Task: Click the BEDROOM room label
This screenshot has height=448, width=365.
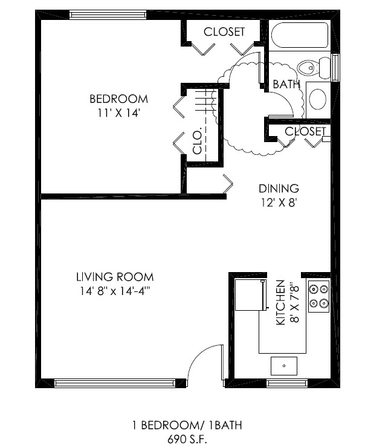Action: point(118,99)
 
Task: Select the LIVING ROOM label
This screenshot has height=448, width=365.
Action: point(115,278)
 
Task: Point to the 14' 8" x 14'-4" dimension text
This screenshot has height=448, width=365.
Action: point(115,291)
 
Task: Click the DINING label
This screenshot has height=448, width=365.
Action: point(279,189)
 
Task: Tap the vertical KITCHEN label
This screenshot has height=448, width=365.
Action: point(280,302)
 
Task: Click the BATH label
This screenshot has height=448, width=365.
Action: point(286,85)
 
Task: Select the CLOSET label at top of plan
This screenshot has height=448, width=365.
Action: point(224,31)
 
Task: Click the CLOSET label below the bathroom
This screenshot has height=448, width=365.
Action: point(305,131)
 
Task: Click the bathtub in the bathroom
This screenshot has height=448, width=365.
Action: point(299,36)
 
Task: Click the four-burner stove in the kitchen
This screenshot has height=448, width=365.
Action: point(318,296)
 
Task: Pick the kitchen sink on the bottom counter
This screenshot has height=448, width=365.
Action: point(283,365)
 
